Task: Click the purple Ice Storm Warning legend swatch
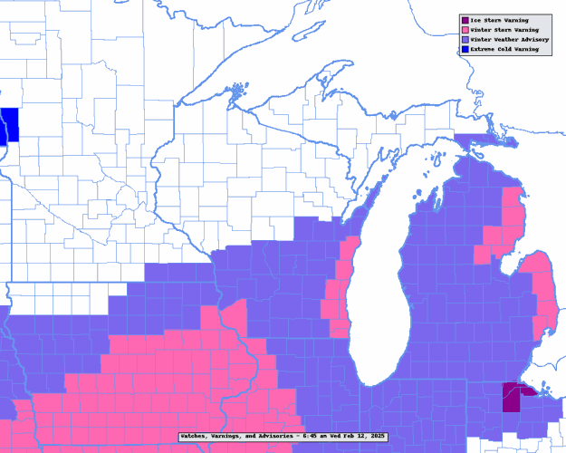[x=465, y=20]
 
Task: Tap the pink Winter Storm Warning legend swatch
[x=465, y=30]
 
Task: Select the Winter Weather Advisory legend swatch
[x=465, y=40]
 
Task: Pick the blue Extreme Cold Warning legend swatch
[x=465, y=50]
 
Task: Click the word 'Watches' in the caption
[x=195, y=437]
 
